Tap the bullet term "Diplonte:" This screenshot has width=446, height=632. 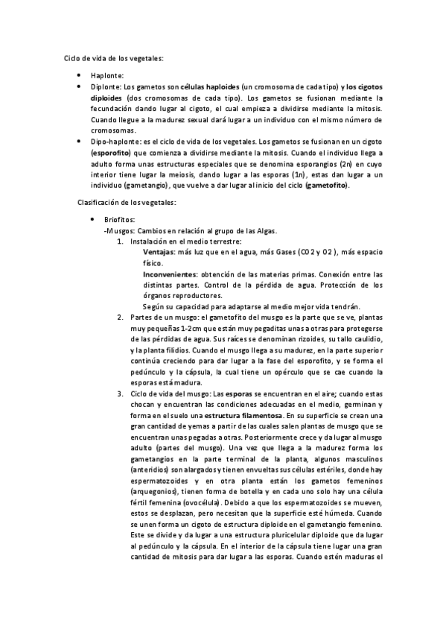(106, 87)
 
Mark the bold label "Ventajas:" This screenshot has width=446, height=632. (161, 253)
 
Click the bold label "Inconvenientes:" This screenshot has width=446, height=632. (176, 274)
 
